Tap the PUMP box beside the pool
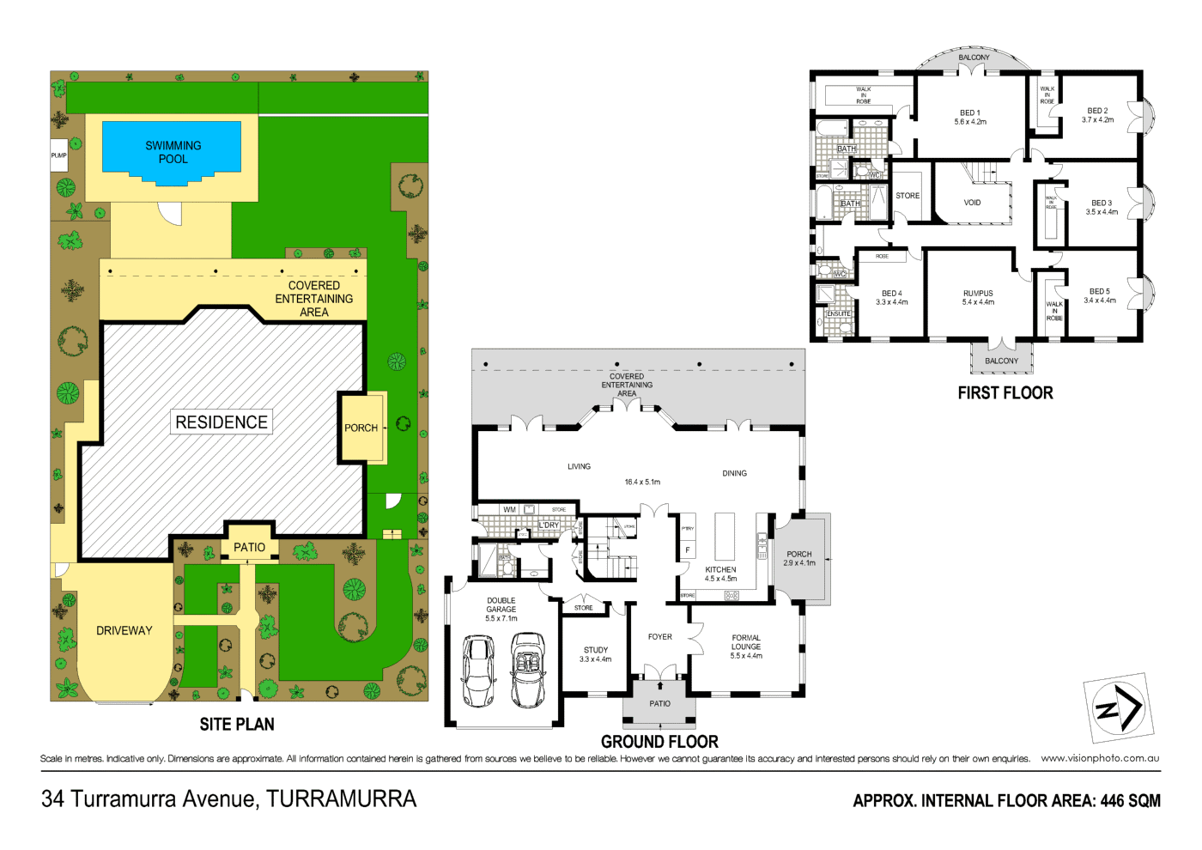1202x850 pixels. (58, 155)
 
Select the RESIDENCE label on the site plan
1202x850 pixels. (222, 422)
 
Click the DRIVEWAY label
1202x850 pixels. (124, 630)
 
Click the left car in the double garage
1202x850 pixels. (478, 671)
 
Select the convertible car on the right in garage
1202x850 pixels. (528, 670)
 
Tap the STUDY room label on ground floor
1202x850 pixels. (595, 651)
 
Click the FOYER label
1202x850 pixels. (660, 637)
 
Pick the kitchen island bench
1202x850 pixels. (725, 537)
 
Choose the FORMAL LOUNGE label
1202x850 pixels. (746, 643)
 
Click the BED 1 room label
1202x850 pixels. (969, 113)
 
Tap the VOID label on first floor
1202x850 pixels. (972, 203)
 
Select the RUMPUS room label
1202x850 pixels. (978, 294)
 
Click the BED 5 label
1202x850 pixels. (1100, 292)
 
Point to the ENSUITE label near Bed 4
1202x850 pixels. (839, 314)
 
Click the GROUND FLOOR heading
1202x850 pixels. (659, 742)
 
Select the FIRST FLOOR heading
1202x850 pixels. (1005, 393)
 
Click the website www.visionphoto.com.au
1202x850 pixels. (1100, 758)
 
